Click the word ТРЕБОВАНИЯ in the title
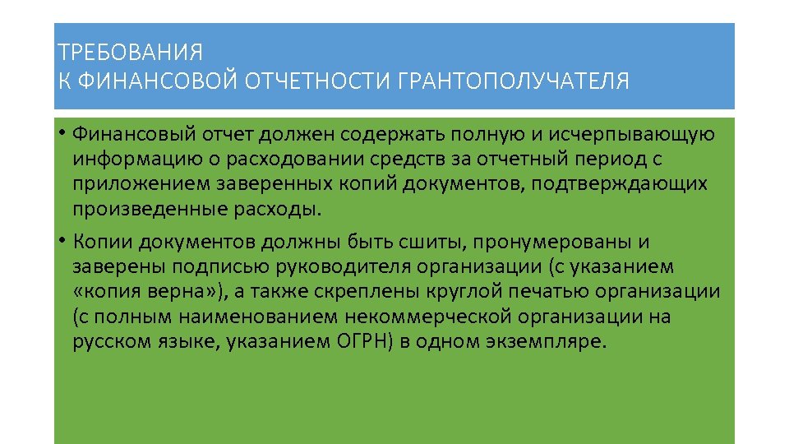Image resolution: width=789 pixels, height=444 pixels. coord(130,53)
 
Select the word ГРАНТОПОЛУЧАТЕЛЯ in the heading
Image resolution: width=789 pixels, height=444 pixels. coord(514,82)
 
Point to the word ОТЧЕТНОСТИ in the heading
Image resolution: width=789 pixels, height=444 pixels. coord(319,82)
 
